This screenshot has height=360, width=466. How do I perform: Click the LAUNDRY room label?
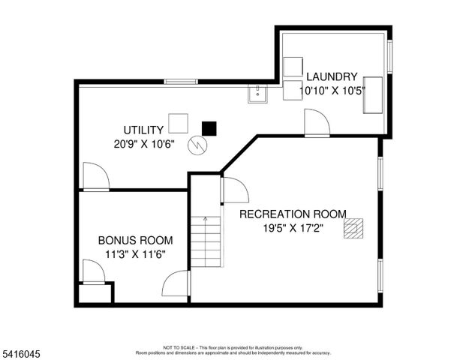(331, 76)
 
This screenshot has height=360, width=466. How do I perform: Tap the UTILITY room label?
(143, 130)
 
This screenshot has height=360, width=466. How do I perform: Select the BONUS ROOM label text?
(135, 241)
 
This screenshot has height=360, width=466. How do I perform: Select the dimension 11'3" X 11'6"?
(135, 254)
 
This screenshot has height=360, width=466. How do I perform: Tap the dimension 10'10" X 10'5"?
(331, 90)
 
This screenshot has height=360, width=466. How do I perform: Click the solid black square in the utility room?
(209, 128)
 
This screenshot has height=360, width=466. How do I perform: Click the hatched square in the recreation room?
(353, 228)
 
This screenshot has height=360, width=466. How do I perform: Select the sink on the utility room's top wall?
(257, 93)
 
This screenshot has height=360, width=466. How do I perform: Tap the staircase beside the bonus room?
(206, 241)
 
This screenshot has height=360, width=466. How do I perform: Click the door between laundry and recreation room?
(315, 123)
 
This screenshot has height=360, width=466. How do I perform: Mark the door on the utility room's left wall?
(95, 177)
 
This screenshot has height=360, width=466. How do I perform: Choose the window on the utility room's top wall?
(181, 81)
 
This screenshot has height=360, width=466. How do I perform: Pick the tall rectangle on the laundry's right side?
(373, 94)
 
